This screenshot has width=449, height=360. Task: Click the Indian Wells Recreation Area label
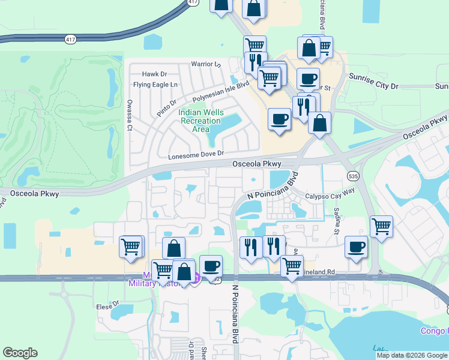[x=201, y=121]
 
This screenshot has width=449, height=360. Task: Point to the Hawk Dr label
[x=154, y=74]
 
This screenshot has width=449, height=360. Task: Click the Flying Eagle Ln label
[x=156, y=85]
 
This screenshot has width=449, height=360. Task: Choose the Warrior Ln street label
[x=206, y=64]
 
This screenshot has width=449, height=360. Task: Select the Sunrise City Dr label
[x=373, y=86]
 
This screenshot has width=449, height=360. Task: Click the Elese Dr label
[x=104, y=307]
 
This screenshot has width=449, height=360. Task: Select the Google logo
[x=20, y=353]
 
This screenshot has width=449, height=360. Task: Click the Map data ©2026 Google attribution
[x=412, y=355]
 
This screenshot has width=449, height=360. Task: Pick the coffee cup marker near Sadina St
[x=357, y=247]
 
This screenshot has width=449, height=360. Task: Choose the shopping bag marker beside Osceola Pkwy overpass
[x=320, y=123]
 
